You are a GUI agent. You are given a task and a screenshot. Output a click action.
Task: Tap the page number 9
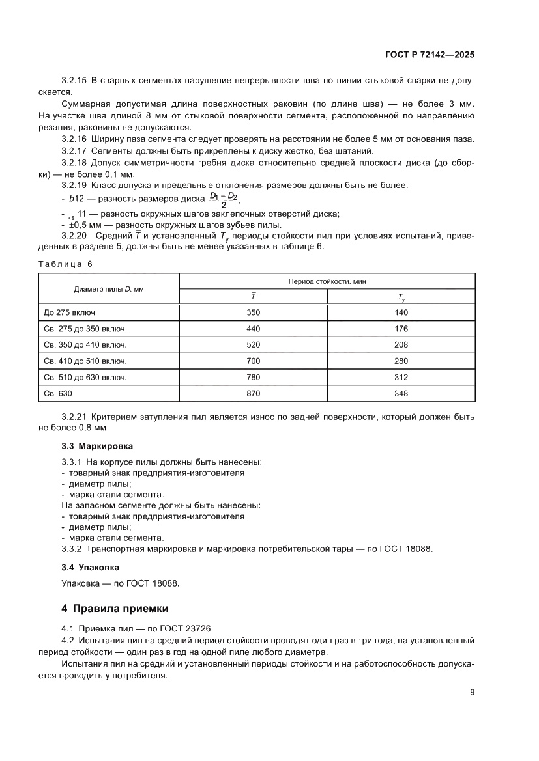click(x=472, y=692)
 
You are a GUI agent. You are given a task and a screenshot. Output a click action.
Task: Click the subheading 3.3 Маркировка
click(x=96, y=447)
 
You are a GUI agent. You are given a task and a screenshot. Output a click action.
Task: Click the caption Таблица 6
click(x=66, y=264)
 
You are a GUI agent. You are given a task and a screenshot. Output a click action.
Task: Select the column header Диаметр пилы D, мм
click(x=109, y=288)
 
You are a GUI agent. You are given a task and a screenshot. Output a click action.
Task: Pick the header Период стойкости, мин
click(x=327, y=281)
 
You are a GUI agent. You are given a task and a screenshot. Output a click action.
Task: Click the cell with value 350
click(x=253, y=312)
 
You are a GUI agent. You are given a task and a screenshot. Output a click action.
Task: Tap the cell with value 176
click(x=401, y=329)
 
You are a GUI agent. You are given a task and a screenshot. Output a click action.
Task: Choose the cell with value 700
click(x=253, y=361)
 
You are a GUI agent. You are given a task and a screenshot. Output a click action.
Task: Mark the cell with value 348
click(x=401, y=393)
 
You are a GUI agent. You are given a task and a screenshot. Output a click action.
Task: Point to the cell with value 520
click(x=253, y=345)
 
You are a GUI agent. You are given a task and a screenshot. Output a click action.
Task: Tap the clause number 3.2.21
click(x=74, y=416)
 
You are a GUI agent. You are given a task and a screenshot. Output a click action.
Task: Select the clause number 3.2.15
click(x=74, y=81)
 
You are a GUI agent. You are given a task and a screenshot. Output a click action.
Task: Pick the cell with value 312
click(x=401, y=377)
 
